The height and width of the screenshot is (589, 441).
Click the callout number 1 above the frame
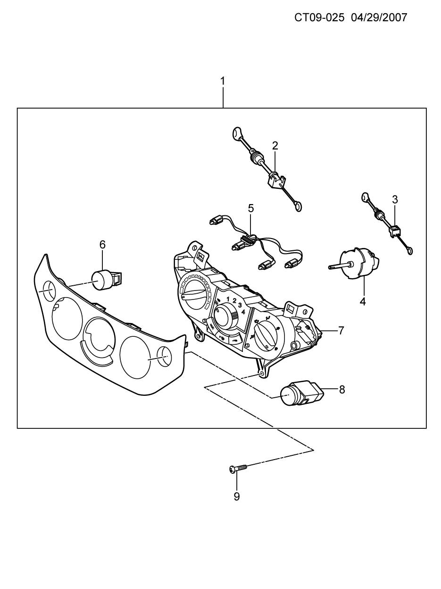222,81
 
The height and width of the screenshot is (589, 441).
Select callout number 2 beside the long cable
275,146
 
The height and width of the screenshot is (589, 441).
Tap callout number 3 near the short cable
395,200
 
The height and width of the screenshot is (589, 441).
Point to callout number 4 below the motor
363,302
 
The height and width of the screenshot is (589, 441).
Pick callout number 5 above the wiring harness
251,208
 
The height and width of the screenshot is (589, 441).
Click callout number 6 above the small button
102,245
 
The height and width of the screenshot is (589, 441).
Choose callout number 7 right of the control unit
341,331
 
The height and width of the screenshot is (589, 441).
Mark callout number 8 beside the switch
342,390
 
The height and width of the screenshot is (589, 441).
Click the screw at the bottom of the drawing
238,469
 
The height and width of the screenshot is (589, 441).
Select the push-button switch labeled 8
302,393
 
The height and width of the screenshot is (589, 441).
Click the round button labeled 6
107,280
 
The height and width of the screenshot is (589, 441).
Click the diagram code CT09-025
319,17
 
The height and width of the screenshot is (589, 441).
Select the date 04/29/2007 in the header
379,17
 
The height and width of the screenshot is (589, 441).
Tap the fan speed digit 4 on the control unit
243,312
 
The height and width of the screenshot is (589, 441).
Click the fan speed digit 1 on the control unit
228,299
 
